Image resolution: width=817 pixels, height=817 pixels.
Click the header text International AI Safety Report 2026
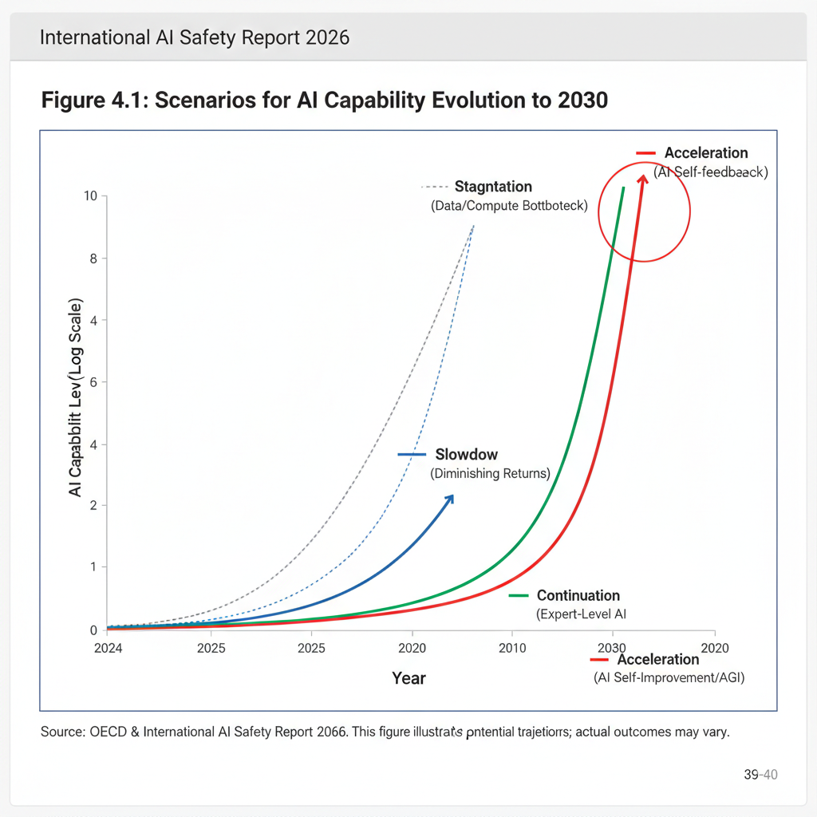(x=194, y=37)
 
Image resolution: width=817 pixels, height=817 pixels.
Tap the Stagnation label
(x=493, y=187)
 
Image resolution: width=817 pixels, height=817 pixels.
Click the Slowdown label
(x=467, y=455)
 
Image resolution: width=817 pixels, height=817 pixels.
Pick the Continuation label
(x=578, y=595)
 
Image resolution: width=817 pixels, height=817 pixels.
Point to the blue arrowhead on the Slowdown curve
(x=450, y=498)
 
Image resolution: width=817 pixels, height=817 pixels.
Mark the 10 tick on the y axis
(x=90, y=196)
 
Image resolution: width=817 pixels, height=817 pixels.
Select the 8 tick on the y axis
(x=93, y=259)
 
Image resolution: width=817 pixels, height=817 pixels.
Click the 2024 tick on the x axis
(x=108, y=648)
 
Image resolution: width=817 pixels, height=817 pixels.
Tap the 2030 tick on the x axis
(x=612, y=648)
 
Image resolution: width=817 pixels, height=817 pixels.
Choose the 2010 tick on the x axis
(x=511, y=648)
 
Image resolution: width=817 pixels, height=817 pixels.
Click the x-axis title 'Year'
(x=408, y=678)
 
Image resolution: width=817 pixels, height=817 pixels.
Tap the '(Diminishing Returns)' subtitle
(x=491, y=474)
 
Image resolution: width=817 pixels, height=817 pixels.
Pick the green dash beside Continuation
(x=519, y=595)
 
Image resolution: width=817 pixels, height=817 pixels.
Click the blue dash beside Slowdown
(x=412, y=455)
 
